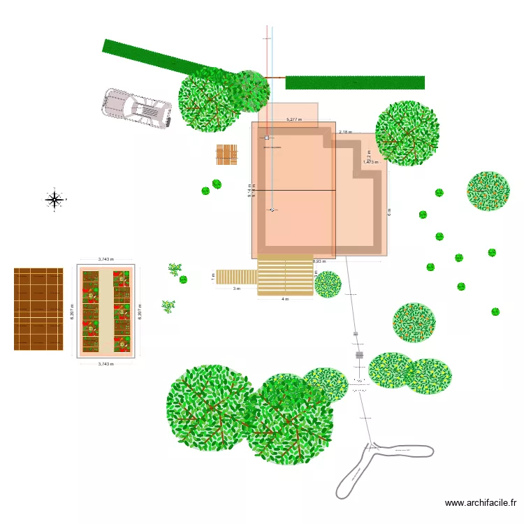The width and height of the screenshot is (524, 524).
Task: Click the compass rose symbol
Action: [x=54, y=200]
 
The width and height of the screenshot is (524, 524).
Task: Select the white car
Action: [x=137, y=108]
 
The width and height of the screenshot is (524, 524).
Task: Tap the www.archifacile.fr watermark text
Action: [x=480, y=502]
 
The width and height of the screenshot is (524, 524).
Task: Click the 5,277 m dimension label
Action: [x=294, y=119]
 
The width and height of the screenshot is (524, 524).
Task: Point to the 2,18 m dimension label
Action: [x=345, y=131]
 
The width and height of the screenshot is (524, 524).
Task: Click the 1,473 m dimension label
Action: [x=370, y=162]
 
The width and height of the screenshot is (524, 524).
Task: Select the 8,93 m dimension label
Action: [x=319, y=261]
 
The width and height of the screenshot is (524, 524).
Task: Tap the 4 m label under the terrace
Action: [x=284, y=299]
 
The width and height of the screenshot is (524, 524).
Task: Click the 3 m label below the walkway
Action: [x=236, y=288]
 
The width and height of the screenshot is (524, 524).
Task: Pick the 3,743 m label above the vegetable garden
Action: [x=105, y=259]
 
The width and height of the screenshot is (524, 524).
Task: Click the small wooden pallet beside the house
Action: [x=227, y=155]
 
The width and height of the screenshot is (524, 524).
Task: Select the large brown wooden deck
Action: [x=38, y=309]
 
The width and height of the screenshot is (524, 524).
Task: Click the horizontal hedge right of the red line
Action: [x=355, y=82]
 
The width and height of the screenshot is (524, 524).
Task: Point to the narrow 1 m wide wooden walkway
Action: [x=236, y=277]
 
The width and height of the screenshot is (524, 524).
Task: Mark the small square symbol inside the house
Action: [x=267, y=138]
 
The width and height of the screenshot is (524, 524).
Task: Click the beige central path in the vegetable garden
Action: [x=105, y=311]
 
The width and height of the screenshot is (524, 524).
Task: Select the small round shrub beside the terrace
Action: [x=328, y=284]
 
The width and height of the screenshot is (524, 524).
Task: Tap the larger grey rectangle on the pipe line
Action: [x=359, y=355]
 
